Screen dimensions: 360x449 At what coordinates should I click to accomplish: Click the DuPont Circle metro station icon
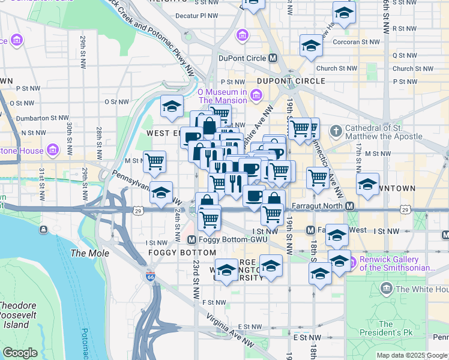[273, 58]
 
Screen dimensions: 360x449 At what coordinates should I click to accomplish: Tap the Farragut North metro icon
[349, 206]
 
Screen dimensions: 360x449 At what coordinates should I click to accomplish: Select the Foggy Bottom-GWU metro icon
[192, 240]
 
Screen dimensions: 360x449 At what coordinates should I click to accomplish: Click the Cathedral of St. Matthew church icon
[336, 130]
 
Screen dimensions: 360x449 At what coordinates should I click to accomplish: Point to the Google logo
[20, 353]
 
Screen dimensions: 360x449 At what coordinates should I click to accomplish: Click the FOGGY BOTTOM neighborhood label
[178, 253]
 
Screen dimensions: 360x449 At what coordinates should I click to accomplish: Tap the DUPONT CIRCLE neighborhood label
[291, 80]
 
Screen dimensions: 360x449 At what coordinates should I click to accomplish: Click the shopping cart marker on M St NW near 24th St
[155, 161]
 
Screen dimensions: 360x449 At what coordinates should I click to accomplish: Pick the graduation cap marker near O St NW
[172, 107]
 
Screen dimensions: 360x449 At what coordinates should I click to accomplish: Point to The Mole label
[90, 253]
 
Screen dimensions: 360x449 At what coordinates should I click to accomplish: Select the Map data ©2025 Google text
[411, 355]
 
